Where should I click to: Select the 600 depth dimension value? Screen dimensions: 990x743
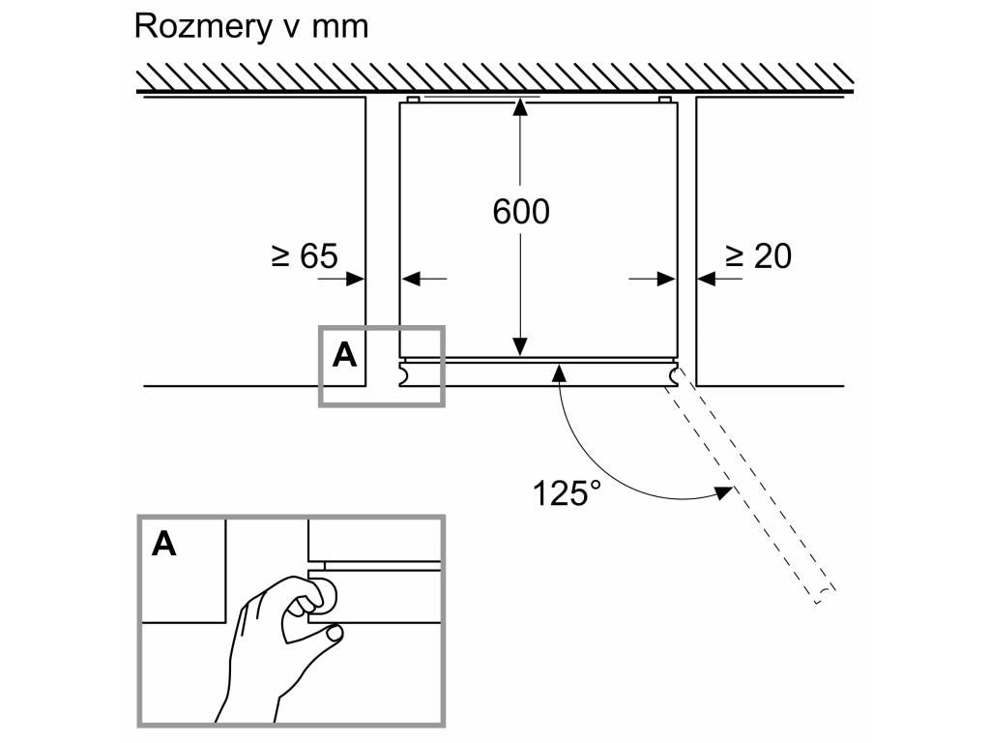tap(521, 212)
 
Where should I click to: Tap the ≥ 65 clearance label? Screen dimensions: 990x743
tap(305, 256)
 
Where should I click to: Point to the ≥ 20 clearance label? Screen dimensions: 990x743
tap(758, 256)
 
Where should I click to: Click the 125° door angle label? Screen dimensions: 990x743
tap(567, 492)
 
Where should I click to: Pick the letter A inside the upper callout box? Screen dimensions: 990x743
tap(344, 356)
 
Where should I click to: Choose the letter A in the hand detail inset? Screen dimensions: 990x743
tap(163, 544)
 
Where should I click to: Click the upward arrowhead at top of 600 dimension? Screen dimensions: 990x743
tap(519, 107)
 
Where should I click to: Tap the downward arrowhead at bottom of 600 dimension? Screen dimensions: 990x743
tap(519, 347)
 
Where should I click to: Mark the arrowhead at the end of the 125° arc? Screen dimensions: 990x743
tap(723, 491)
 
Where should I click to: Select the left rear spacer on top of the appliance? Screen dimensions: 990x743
tap(413, 100)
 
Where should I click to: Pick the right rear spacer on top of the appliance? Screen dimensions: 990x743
tap(665, 100)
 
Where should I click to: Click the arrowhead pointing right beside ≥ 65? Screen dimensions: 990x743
tap(356, 278)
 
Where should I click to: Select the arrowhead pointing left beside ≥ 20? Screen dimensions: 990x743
tap(707, 278)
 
